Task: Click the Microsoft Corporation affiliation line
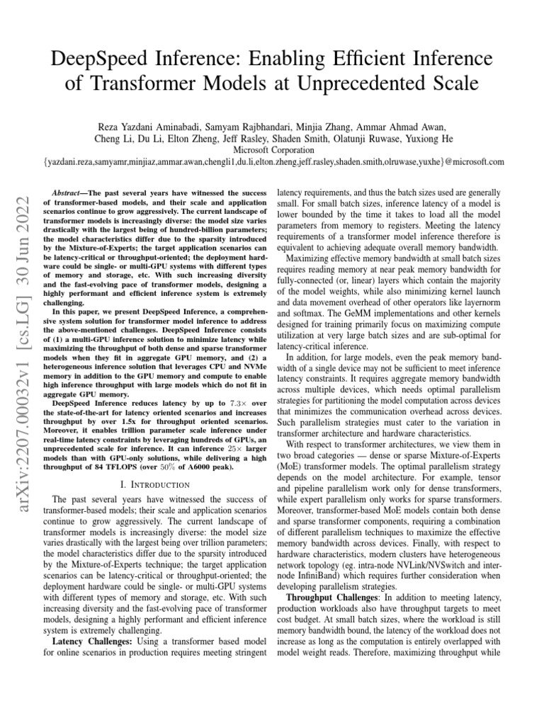(273, 149)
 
